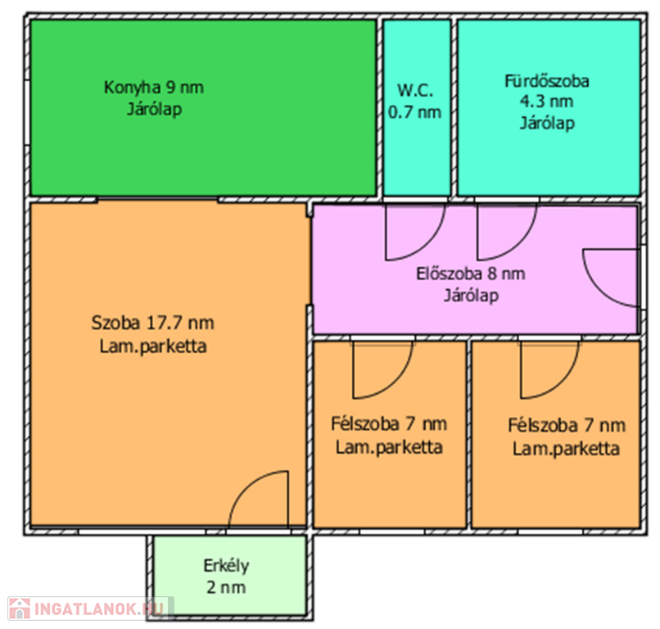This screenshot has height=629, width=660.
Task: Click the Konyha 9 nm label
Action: (x=154, y=88)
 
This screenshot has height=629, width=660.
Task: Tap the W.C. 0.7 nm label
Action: (x=414, y=102)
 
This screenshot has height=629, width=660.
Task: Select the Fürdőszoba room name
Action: (x=547, y=81)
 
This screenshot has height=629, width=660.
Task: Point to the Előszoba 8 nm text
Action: (x=471, y=274)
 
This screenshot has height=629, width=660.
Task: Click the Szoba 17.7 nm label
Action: (x=153, y=323)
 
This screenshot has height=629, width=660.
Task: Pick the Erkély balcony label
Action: (x=226, y=565)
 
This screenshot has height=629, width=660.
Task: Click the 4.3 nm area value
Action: (x=546, y=102)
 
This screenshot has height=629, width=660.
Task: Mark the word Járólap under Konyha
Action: (x=155, y=110)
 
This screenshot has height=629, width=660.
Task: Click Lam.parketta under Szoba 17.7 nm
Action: (x=153, y=346)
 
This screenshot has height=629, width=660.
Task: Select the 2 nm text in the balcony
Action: (x=226, y=587)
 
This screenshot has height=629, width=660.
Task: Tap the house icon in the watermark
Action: (x=20, y=609)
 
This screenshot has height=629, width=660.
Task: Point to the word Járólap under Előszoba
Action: (x=471, y=296)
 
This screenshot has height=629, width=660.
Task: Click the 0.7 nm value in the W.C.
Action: (x=414, y=112)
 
